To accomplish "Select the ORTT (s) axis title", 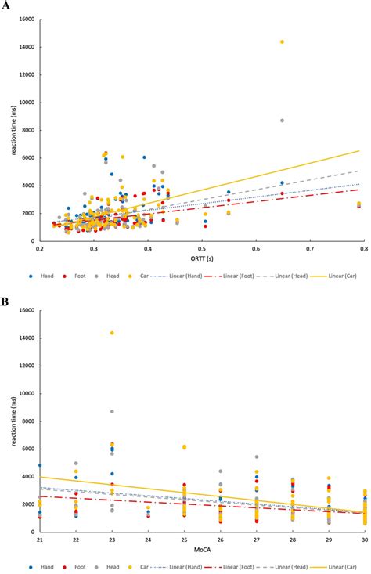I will (200, 259).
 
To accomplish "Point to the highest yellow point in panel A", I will (282, 42).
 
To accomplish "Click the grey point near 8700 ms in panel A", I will (282, 121).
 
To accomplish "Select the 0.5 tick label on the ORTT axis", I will (200, 248).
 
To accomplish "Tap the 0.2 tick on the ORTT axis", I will (40, 248).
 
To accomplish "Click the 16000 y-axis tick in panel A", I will (26, 19).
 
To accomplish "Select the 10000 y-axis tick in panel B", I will (26, 393).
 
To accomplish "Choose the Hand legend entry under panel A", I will (41, 276).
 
